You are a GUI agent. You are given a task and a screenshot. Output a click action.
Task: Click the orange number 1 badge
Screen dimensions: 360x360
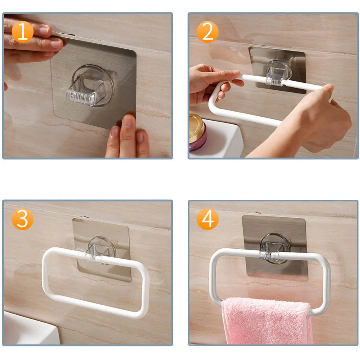[x=22, y=32]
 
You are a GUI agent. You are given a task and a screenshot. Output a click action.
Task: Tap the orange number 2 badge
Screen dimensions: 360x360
[x=208, y=32]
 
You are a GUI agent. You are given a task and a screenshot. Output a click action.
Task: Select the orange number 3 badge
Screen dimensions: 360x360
[x=22, y=219]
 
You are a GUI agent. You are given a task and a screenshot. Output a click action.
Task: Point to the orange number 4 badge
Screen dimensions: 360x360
[x=208, y=219]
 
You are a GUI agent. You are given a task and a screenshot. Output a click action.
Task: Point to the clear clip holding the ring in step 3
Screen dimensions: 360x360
[x=101, y=250]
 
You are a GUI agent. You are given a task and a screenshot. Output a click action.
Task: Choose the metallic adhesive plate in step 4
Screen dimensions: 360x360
[x=274, y=248]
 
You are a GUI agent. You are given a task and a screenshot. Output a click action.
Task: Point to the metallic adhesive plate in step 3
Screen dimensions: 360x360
[x=102, y=250]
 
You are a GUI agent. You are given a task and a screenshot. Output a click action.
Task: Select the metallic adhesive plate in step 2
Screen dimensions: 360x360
[x=277, y=70]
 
